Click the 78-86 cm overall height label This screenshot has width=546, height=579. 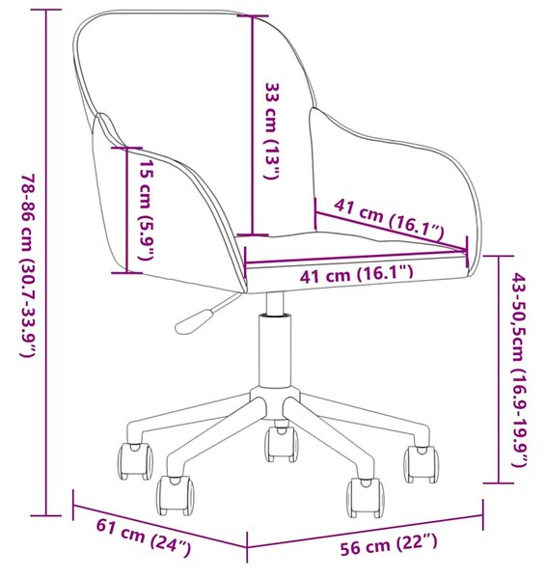tap(29, 265)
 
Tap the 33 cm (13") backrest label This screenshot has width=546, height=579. tap(272, 130)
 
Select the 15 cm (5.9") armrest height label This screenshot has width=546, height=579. tap(147, 209)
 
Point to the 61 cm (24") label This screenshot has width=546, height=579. tap(144, 538)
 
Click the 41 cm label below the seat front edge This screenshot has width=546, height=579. tap(356, 274)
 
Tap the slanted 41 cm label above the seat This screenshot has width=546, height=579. tap(389, 217)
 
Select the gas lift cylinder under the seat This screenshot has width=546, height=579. tap(274, 351)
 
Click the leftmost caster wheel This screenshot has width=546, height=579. tap(135, 461)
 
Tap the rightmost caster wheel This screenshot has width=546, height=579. tap(421, 464)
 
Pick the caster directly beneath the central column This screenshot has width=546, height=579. tap(282, 444)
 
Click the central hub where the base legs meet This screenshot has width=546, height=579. tap(274, 402)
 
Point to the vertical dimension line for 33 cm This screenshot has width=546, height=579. tap(253, 125)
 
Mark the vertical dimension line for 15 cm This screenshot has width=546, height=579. tap(127, 210)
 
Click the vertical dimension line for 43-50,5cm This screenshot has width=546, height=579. tap(499, 370)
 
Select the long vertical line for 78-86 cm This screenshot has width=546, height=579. tap(45, 262)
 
